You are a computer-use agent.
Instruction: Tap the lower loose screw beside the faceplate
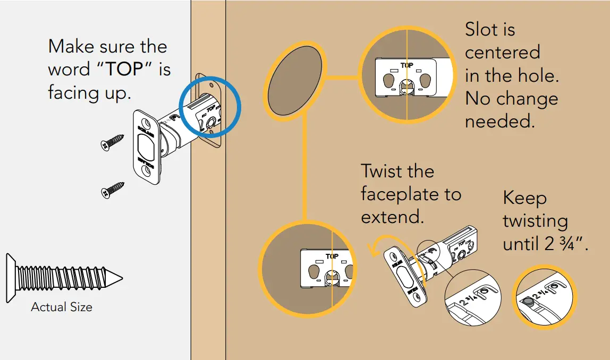point(112,189)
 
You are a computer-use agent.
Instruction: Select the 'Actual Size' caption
point(62,307)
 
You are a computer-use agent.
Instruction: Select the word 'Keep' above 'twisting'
point(524,198)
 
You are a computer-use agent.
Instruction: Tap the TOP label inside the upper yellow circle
point(406,65)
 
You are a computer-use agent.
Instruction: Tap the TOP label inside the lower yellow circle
point(332,256)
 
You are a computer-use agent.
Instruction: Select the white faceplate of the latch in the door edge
point(146,147)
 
